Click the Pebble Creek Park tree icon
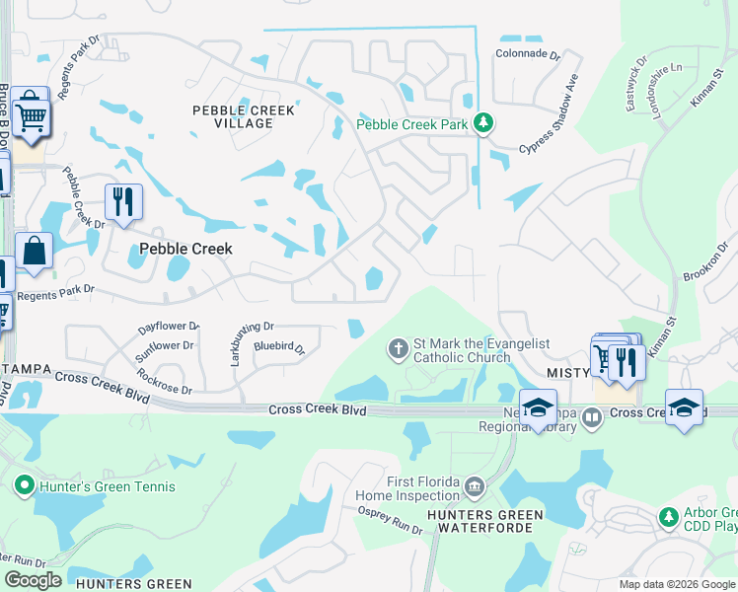[x=482, y=123]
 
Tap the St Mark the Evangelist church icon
[x=399, y=348]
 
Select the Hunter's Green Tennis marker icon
[x=24, y=485]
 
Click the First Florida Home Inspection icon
[x=475, y=485]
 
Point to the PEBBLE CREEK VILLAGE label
[x=244, y=116]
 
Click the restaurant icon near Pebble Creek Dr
[x=123, y=202]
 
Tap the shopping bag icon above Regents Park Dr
[x=35, y=252]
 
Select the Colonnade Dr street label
[x=527, y=56]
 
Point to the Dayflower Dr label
[x=169, y=325]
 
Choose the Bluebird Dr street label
[x=279, y=347]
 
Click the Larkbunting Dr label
[x=239, y=343]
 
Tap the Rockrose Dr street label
[x=164, y=381]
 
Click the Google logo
[x=34, y=580]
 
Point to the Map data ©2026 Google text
[x=677, y=584]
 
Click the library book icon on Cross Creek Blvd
[x=592, y=417]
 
